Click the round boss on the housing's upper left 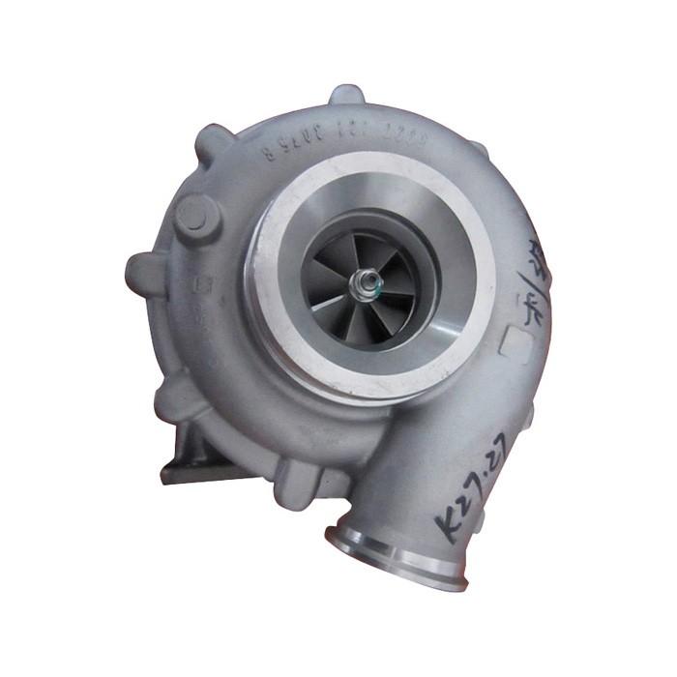[x=194, y=215]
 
